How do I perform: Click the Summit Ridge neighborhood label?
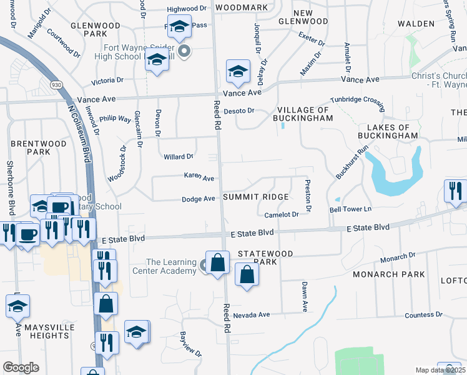256,197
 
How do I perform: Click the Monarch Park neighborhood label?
389,274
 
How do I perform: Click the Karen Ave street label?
199,177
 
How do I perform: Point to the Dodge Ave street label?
198,199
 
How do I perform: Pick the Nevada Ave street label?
251,314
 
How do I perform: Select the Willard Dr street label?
178,157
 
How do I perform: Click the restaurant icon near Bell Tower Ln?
455,191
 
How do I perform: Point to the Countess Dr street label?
423,315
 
